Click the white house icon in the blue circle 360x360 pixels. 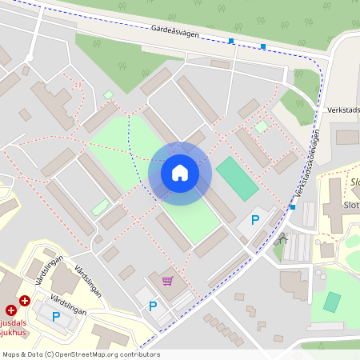point(179,173)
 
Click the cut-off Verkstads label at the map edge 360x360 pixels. point(344,110)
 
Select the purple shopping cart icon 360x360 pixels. point(167,281)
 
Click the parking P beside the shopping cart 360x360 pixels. point(153,306)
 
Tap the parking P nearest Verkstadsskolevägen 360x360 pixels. point(255,220)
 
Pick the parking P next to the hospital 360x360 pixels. point(56,317)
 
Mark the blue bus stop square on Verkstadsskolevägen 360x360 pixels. point(293,207)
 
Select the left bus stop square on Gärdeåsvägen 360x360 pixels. point(231,41)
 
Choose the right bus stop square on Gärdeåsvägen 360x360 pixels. point(263,46)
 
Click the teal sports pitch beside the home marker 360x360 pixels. point(238,178)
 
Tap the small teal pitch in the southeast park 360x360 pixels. point(331,302)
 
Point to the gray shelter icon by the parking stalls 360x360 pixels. point(281,238)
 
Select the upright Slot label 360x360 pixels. point(351,205)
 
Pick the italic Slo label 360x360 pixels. point(354,182)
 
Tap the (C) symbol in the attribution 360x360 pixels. point(49,354)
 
